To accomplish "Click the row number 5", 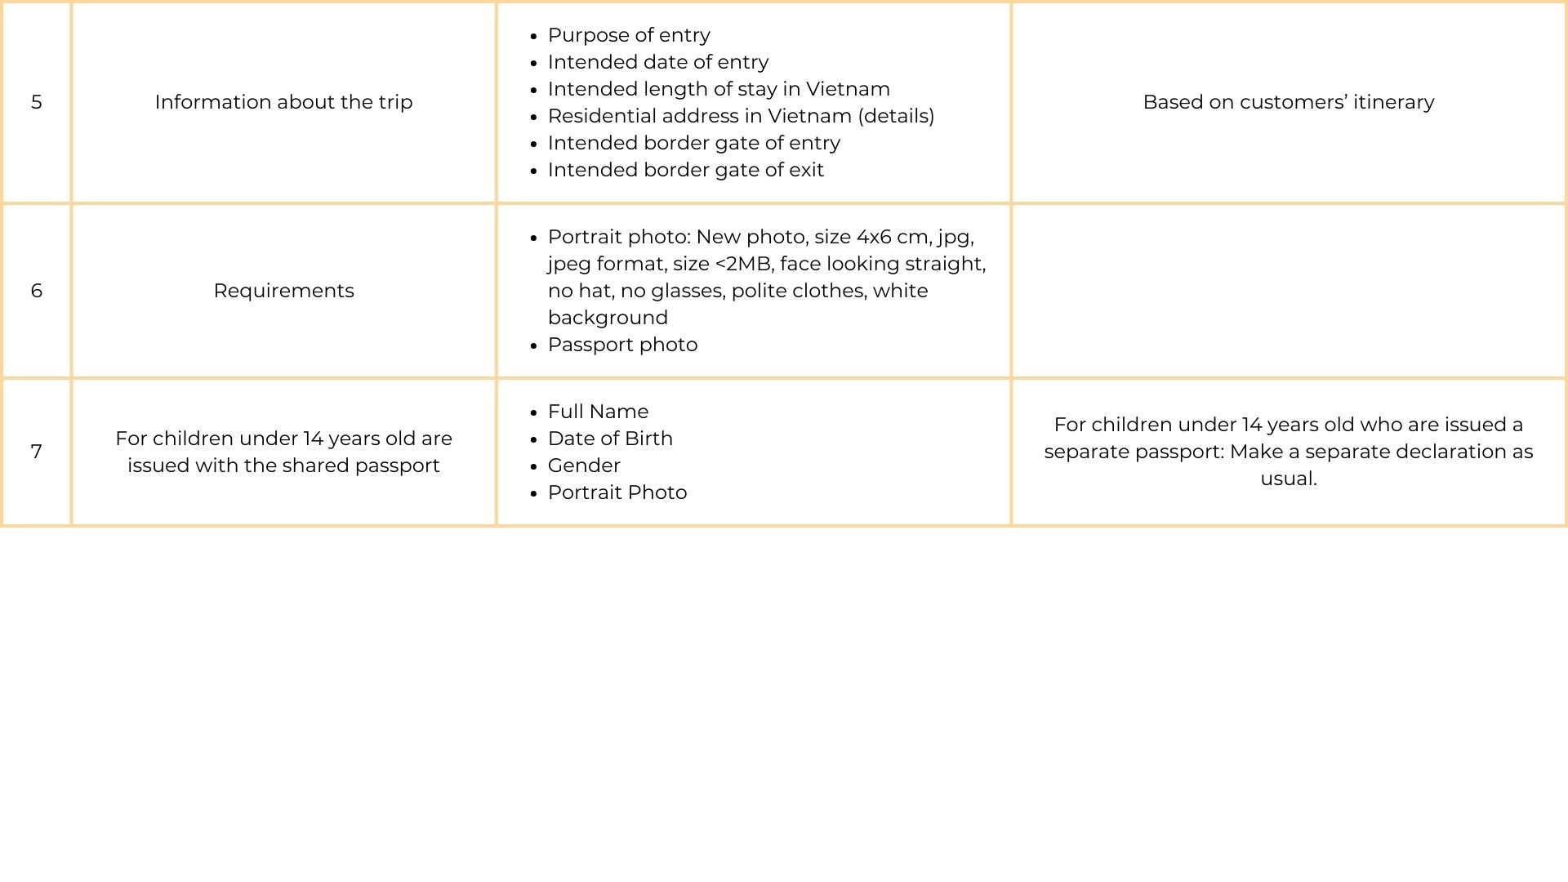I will [37, 102].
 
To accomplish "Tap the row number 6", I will [37, 291].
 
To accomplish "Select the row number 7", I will [37, 452].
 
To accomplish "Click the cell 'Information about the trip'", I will [283, 102].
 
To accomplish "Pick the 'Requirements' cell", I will [283, 291].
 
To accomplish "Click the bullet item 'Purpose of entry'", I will [629, 35].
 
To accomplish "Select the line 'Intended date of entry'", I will [658, 62].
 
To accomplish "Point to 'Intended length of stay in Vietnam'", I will [719, 89].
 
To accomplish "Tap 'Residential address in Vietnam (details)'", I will [741, 116].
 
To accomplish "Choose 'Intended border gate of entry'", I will [693, 143].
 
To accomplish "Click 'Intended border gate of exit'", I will [685, 170].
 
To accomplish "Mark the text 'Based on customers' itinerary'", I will [1288, 102].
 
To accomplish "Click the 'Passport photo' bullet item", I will [622, 345].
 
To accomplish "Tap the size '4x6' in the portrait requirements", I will [873, 237].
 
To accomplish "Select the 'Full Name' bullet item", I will [598, 412].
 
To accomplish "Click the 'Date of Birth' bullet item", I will [610, 439].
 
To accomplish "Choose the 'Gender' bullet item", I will [584, 465].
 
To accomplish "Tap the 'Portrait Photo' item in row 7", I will [617, 492].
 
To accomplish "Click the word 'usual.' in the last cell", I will [1288, 479].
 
